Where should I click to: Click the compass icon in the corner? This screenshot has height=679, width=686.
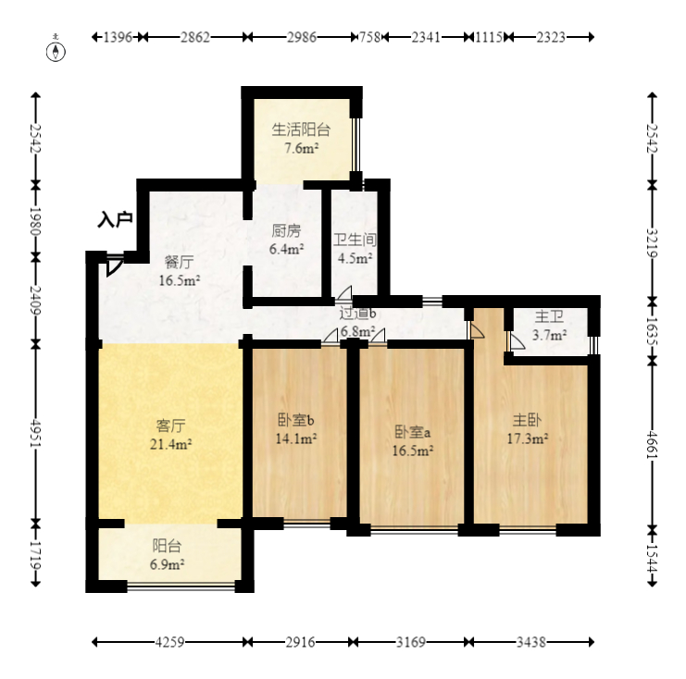(x=56, y=51)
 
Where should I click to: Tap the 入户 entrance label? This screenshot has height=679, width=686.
(x=115, y=219)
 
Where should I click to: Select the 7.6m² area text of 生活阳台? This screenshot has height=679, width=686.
(x=302, y=148)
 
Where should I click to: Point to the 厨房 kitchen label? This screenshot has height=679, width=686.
(x=286, y=230)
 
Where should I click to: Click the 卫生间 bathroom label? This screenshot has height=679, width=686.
(x=355, y=240)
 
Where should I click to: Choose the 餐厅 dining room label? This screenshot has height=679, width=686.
(x=179, y=262)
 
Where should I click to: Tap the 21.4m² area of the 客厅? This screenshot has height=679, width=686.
(x=170, y=444)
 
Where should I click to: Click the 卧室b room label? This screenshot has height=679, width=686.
(x=295, y=420)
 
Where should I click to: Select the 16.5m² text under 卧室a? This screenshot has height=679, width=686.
(x=413, y=451)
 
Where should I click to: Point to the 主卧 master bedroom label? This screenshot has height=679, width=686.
(x=527, y=420)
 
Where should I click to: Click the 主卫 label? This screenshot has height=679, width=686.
(x=549, y=316)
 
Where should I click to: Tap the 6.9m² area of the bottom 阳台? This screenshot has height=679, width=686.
(x=167, y=564)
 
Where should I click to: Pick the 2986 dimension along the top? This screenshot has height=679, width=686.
(x=302, y=37)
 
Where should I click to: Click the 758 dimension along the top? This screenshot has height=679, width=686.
(x=369, y=37)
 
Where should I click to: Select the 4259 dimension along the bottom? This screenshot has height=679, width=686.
(x=169, y=642)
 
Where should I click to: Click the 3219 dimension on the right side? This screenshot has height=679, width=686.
(x=653, y=243)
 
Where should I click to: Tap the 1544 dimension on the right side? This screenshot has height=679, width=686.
(x=653, y=558)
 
